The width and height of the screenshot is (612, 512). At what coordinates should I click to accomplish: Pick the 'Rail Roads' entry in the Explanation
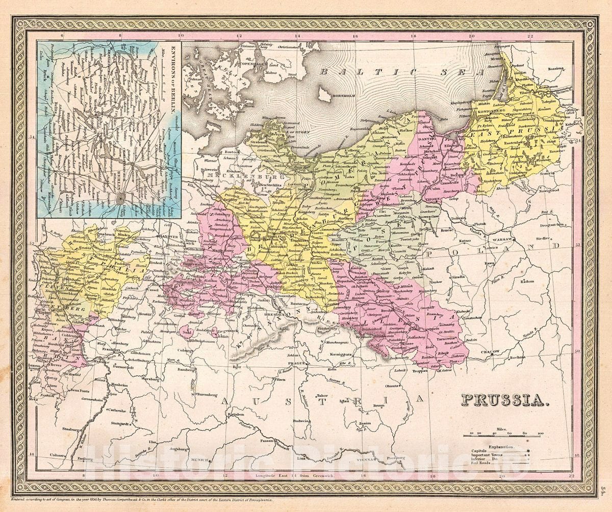[481, 464]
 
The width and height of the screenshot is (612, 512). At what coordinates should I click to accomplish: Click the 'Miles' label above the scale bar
[502, 429]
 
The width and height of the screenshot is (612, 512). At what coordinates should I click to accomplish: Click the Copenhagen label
[254, 65]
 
